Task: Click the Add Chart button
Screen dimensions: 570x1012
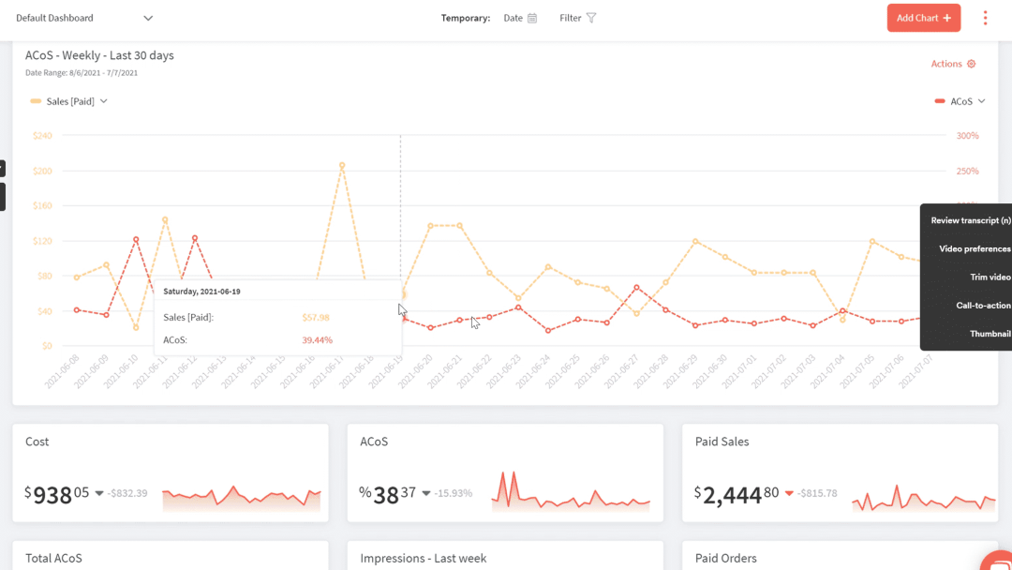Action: (923, 18)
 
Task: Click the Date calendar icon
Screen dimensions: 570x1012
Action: (532, 18)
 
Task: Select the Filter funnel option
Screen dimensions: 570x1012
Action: (590, 18)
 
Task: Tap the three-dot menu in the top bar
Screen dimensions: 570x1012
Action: (985, 18)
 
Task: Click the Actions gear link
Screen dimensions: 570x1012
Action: (953, 64)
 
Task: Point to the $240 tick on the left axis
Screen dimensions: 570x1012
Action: (42, 136)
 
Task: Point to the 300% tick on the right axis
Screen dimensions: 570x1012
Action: (967, 136)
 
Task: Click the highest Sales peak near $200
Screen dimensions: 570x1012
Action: (342, 165)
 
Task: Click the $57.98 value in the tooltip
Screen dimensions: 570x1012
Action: (316, 318)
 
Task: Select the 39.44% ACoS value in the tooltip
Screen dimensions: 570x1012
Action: (317, 340)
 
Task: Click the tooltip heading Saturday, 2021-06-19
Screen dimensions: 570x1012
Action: (201, 292)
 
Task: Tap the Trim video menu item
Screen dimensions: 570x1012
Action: (990, 277)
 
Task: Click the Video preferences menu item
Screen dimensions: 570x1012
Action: (975, 249)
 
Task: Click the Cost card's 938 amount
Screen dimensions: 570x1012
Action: (53, 495)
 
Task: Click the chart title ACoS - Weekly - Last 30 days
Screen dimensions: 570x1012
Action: (99, 55)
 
